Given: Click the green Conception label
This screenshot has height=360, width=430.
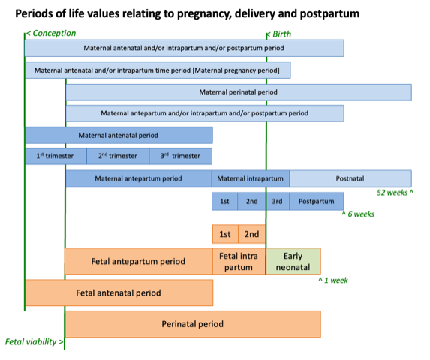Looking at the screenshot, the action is (51, 34).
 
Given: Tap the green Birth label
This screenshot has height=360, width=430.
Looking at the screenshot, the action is (279, 34).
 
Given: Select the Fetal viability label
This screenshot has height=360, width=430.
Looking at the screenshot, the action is (34, 342).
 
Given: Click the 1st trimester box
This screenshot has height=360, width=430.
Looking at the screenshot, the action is (56, 156).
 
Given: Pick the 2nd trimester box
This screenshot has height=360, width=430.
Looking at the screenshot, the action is (118, 156).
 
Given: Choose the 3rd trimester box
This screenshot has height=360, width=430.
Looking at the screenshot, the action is (181, 156).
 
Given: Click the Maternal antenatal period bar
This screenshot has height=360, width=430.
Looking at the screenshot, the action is (119, 135).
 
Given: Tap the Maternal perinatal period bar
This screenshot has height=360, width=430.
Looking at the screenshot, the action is (239, 92).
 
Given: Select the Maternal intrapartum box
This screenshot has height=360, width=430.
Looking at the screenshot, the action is (251, 178).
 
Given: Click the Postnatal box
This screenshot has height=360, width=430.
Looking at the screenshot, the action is (350, 178).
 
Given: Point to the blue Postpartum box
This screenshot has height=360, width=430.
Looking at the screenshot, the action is (317, 201).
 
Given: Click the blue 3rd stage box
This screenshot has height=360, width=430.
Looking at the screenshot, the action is (277, 201).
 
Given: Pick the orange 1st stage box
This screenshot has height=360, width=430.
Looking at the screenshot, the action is (225, 234).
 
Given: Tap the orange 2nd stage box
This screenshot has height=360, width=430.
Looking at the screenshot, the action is (251, 234).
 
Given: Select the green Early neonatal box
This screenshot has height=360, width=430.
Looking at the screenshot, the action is (293, 261).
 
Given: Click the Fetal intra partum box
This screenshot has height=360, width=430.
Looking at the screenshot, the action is (239, 261).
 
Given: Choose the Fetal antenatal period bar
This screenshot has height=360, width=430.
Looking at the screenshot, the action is (119, 292).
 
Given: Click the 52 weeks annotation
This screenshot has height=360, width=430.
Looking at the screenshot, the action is (395, 193).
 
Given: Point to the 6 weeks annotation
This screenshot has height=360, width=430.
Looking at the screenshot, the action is (358, 214).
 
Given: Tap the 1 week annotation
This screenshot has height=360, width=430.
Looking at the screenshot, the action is (333, 280).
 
